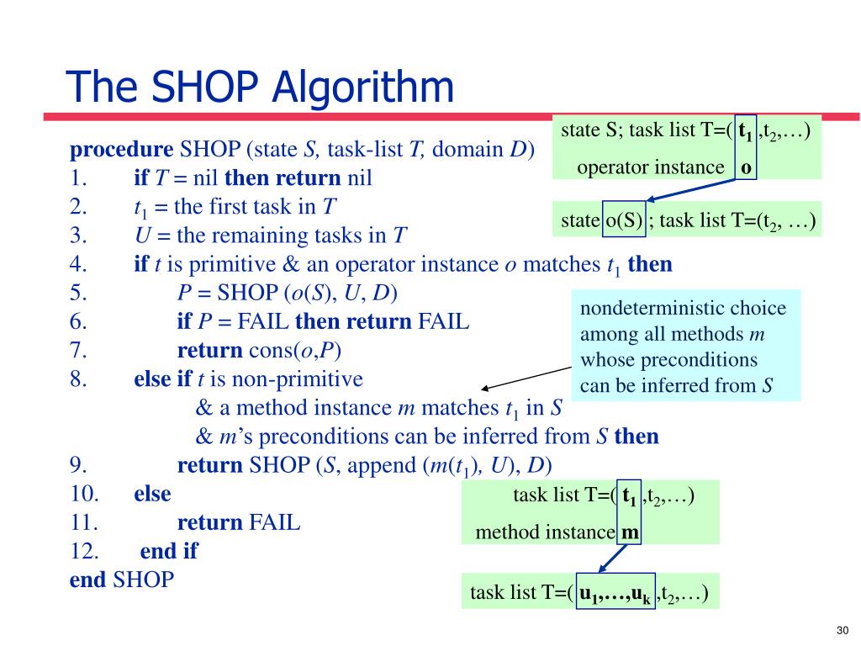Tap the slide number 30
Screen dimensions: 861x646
843,631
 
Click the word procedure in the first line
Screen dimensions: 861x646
121,151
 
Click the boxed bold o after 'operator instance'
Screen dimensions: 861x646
746,167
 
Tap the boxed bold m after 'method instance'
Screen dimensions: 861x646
630,532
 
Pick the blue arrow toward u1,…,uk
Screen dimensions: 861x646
611,558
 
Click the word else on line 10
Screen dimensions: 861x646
152,494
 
